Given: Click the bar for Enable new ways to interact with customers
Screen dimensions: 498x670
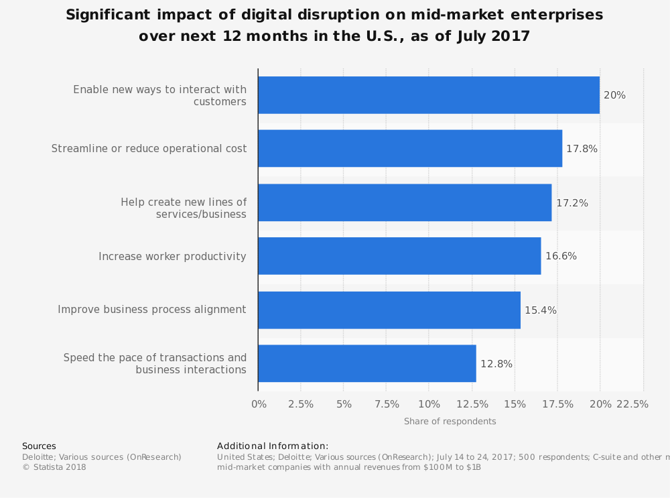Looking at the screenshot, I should pyautogui.click(x=429, y=95).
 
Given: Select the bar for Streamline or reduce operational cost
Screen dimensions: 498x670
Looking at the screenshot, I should pyautogui.click(x=410, y=149).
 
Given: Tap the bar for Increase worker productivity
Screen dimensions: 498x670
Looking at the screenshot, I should pyautogui.click(x=399, y=256).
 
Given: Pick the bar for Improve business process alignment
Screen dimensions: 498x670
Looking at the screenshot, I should pyautogui.click(x=389, y=310).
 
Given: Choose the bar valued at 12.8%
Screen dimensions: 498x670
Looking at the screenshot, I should pyautogui.click(x=367, y=363).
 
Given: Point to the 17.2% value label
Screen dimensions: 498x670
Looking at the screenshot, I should pyautogui.click(x=572, y=203).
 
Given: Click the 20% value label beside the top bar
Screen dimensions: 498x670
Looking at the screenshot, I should pyautogui.click(x=614, y=95).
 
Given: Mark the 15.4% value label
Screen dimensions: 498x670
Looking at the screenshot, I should pyautogui.click(x=541, y=310).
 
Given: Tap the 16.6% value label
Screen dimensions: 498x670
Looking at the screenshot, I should pyautogui.click(x=561, y=256).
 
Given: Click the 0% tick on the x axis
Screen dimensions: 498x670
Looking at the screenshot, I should pyautogui.click(x=259, y=404).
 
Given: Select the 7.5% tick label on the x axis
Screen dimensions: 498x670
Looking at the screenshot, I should pyautogui.click(x=387, y=404).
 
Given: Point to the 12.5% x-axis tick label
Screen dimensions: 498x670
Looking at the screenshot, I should pyautogui.click(x=472, y=404).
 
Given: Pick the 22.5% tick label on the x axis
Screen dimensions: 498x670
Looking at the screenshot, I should pyautogui.click(x=632, y=404).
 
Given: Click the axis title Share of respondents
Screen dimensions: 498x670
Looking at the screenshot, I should pyautogui.click(x=450, y=422).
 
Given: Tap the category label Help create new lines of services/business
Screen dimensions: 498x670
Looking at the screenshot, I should pyautogui.click(x=184, y=208).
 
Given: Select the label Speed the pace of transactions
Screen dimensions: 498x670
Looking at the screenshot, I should pyautogui.click(x=155, y=363).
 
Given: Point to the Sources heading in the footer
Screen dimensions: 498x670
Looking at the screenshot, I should pyautogui.click(x=39, y=446).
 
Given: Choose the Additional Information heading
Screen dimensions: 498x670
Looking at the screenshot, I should pyautogui.click(x=273, y=446).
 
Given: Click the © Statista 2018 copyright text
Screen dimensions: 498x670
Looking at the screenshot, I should pyautogui.click(x=54, y=467).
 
